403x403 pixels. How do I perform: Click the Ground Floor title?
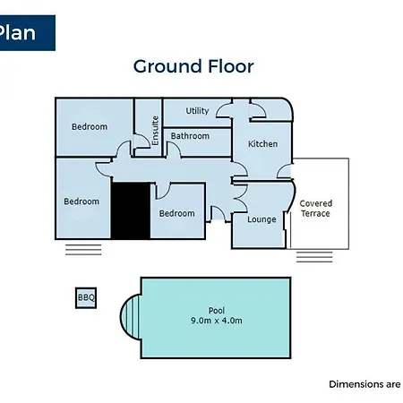pos(193,66)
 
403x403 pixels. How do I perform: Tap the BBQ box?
pos(86,297)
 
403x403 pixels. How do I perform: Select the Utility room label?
pos(197,111)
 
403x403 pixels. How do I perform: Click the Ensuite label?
pos(155,131)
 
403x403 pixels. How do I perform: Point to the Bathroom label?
pos(190,136)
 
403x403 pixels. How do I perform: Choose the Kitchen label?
pos(263,144)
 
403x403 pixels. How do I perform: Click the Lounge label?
pos(262,219)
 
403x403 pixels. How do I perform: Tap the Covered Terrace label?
pos(315,209)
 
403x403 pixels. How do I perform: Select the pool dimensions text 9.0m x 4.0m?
pos(217,321)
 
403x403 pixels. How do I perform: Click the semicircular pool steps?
pos(130,317)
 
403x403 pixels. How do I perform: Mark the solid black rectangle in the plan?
pos(131,210)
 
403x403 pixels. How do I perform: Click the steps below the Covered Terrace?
pos(314,257)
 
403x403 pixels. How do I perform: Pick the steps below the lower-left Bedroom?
pos(83,250)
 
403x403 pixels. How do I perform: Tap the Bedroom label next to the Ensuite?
pos(90,126)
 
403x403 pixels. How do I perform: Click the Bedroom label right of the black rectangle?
pos(177,213)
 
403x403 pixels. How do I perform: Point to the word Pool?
pos(217,311)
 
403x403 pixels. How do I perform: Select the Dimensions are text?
pos(364,384)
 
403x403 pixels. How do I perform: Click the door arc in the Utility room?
pos(223,110)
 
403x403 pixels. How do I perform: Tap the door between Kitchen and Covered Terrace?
pos(284,171)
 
